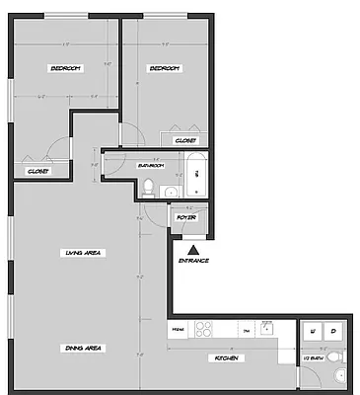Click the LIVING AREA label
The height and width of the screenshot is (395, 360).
click(x=85, y=253)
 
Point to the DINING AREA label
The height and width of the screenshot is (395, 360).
click(x=85, y=349)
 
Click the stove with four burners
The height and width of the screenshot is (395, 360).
click(x=207, y=329)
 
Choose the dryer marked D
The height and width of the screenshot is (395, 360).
click(x=333, y=330)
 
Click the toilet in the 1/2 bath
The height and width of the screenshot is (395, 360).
click(x=335, y=356)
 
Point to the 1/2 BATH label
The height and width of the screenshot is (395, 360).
click(x=313, y=358)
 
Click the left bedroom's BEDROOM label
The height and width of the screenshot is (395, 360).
click(x=65, y=67)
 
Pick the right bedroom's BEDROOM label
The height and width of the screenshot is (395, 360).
click(x=164, y=67)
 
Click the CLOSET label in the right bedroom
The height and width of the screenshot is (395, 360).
click(x=185, y=141)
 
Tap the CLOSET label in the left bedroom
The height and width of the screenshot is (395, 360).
click(x=37, y=171)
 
